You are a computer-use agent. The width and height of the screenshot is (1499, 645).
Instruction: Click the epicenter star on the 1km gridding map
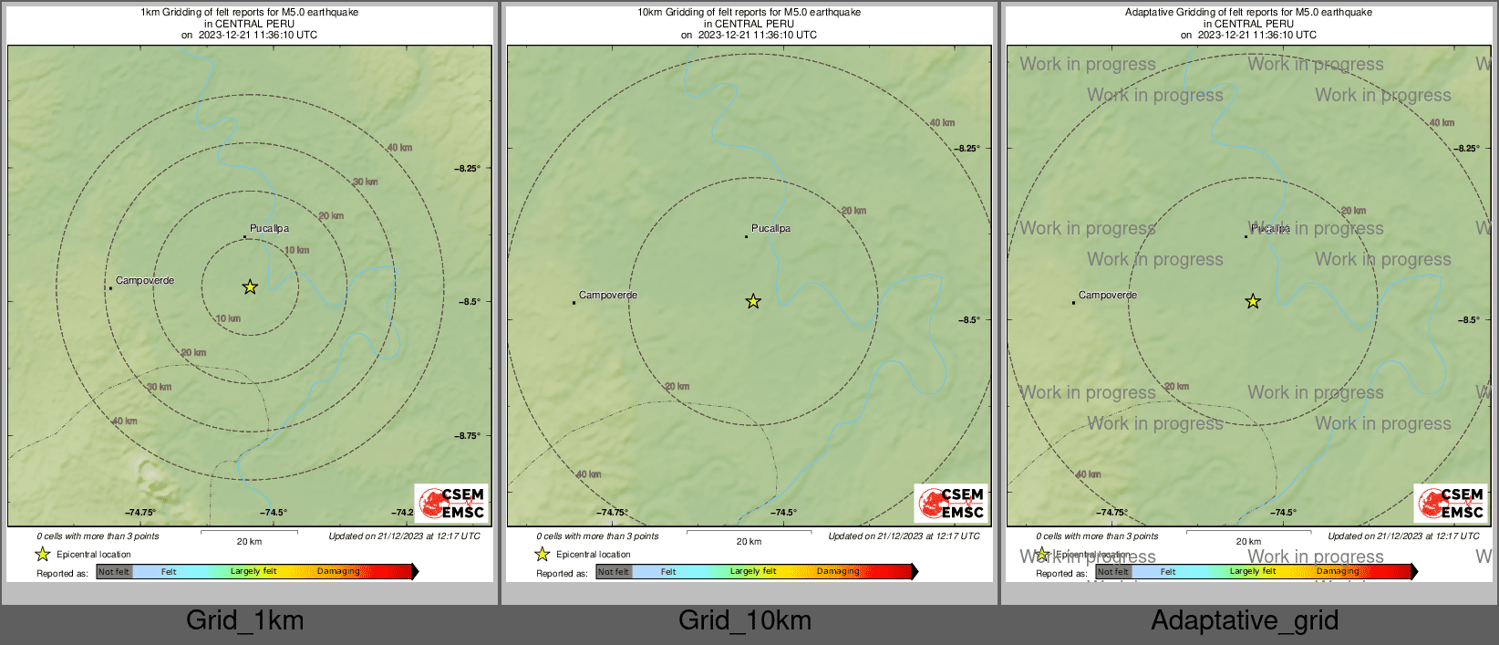point(250,287)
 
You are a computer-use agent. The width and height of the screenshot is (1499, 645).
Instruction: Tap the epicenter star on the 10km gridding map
point(753,302)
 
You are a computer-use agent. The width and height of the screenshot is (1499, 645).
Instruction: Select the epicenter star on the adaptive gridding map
point(1253,302)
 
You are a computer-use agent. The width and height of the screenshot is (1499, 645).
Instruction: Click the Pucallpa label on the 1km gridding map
point(269,228)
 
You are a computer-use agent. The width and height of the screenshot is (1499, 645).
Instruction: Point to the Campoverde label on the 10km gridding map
point(608,295)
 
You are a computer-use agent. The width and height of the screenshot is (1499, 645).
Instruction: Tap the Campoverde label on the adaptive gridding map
point(1108,295)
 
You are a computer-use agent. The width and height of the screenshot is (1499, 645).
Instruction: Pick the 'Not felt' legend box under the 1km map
point(114,572)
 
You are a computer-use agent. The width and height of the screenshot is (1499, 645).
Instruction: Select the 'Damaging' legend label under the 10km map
point(838,572)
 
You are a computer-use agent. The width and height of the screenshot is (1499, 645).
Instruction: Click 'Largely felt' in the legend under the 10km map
point(753,572)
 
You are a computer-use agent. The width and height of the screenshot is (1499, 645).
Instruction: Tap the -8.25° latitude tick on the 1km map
point(468,168)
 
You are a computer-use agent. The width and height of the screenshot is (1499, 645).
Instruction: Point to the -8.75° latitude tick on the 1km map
point(468,436)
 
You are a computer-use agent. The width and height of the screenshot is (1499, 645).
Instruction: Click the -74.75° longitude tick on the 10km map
point(613,513)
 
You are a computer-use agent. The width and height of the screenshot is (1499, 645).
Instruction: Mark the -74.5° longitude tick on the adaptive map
point(1283,513)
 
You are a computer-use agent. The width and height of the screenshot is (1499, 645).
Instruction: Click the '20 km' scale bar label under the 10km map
point(749,542)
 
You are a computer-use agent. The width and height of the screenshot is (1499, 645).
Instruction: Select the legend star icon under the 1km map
point(42,554)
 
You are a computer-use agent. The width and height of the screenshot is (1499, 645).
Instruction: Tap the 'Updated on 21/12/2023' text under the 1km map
point(404,536)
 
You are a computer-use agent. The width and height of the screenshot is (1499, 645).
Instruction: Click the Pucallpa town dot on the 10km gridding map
point(746,237)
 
